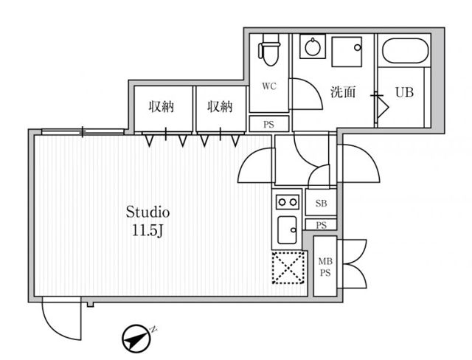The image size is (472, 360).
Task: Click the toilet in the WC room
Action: [x=268, y=50]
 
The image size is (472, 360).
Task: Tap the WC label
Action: [x=268, y=86]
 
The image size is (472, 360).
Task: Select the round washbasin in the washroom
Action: [x=313, y=46]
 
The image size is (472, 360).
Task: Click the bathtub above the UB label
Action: [x=405, y=50]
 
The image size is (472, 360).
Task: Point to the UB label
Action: [x=404, y=92]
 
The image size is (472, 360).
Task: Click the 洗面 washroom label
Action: [x=343, y=91]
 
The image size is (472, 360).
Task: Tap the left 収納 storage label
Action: [x=162, y=106]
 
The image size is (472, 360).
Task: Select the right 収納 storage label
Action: [x=220, y=106]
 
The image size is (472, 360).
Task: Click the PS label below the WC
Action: [x=268, y=125]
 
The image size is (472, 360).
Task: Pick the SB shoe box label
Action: [x=321, y=204]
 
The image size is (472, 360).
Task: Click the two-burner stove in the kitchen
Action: [x=288, y=202]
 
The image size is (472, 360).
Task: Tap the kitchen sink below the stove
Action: [x=287, y=230]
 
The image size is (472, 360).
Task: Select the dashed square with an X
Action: [x=288, y=268]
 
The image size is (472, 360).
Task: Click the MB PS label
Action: [x=325, y=267]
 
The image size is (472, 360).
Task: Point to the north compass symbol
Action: [x=136, y=339]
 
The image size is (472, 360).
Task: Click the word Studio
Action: [x=147, y=212]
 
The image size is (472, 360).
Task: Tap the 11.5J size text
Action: [x=147, y=231]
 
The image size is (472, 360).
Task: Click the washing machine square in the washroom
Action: [x=347, y=52]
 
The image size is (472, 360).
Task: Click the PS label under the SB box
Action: [x=322, y=225]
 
